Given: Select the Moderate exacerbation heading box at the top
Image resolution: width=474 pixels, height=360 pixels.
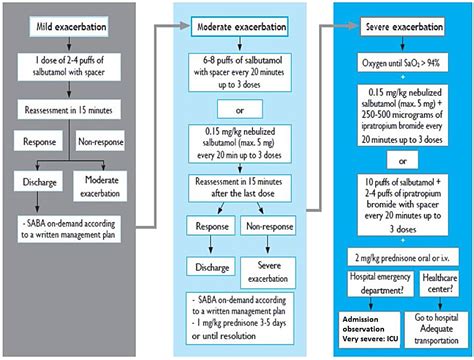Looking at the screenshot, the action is click(x=239, y=26).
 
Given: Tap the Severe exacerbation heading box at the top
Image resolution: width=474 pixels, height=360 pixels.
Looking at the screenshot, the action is click(x=402, y=26).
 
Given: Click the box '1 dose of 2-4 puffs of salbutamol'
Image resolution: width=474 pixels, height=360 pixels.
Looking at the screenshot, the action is click(x=69, y=66).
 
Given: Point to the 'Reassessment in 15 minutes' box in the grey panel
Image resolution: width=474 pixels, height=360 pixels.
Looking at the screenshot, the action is click(x=69, y=110).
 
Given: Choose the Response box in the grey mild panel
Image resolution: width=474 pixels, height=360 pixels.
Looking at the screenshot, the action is click(x=38, y=141).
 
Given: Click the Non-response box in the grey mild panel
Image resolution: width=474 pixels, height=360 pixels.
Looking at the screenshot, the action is click(x=100, y=141).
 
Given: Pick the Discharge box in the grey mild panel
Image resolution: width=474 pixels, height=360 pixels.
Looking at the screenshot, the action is click(x=38, y=181).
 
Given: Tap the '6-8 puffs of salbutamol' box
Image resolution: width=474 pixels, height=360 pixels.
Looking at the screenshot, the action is click(x=240, y=72).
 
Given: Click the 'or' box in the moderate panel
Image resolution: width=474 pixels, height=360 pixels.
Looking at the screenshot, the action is click(x=240, y=109).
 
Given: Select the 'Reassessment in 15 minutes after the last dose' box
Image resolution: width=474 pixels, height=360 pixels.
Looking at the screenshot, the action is click(x=240, y=188).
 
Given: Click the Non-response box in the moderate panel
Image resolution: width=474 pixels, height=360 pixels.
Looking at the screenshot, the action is click(x=268, y=226).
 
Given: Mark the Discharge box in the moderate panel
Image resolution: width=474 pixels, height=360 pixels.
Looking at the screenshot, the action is click(x=211, y=267).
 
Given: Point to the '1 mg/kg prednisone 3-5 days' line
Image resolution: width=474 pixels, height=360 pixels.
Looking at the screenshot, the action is click(x=239, y=323).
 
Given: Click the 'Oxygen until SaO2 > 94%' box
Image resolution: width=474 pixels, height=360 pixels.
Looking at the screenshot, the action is click(x=403, y=62).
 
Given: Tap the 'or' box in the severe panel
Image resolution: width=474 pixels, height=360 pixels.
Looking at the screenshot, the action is click(x=402, y=160).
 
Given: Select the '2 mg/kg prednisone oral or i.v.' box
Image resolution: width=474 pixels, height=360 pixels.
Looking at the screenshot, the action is click(x=403, y=257).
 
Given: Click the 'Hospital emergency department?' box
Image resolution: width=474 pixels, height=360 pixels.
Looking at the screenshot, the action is click(x=380, y=283).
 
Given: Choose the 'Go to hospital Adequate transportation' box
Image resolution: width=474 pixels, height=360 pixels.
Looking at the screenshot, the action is click(x=436, y=329).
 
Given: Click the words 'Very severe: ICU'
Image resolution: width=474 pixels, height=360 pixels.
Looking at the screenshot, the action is click(x=370, y=339).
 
